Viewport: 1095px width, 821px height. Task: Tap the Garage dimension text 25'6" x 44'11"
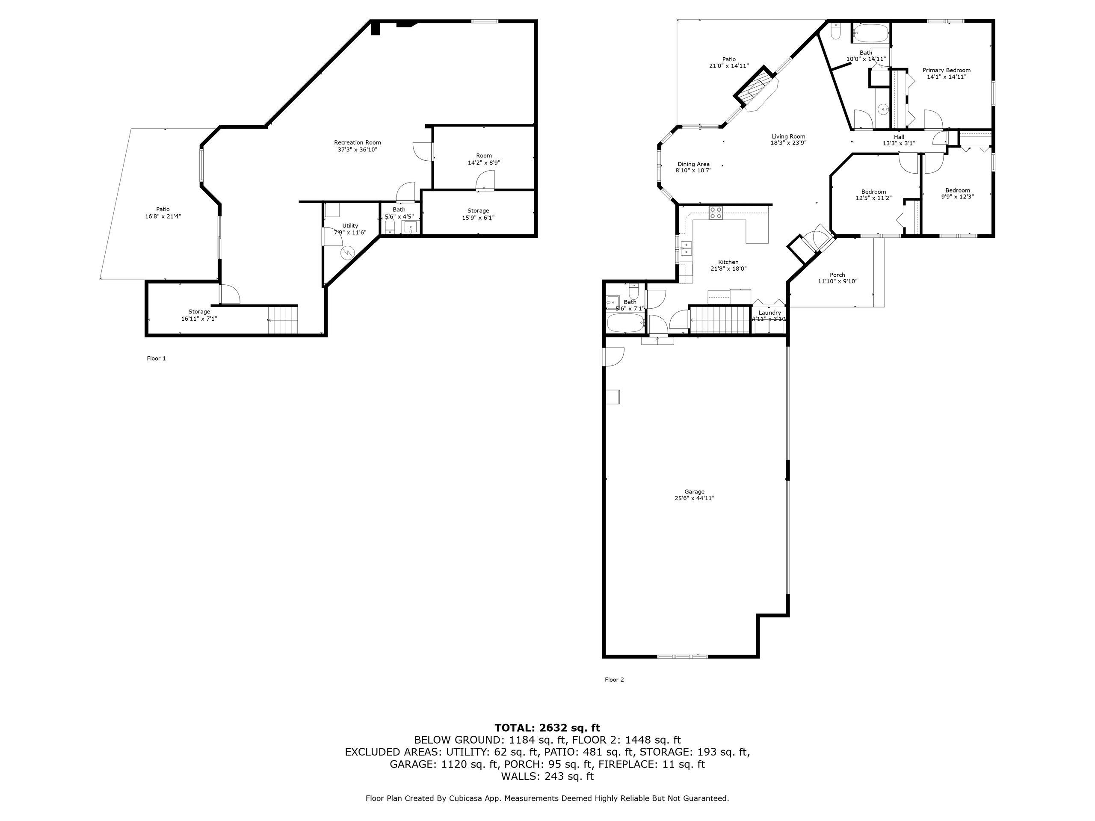(694, 498)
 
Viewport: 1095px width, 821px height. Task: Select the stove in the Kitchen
(715, 213)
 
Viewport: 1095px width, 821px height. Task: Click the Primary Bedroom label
(946, 70)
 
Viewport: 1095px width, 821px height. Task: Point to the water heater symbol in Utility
(348, 253)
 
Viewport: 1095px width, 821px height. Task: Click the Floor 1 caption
(156, 358)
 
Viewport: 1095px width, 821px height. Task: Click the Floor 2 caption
(614, 679)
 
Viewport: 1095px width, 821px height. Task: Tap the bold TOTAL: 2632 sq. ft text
(547, 727)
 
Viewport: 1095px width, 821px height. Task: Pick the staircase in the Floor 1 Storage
(283, 320)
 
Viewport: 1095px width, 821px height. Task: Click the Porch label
(837, 275)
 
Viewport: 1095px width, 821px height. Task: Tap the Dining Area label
(693, 164)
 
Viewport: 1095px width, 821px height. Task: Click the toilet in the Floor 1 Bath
(390, 227)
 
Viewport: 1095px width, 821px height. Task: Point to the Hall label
(899, 137)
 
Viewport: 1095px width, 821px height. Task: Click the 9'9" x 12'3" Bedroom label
(957, 191)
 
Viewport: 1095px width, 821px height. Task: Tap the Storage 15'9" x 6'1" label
(478, 211)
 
